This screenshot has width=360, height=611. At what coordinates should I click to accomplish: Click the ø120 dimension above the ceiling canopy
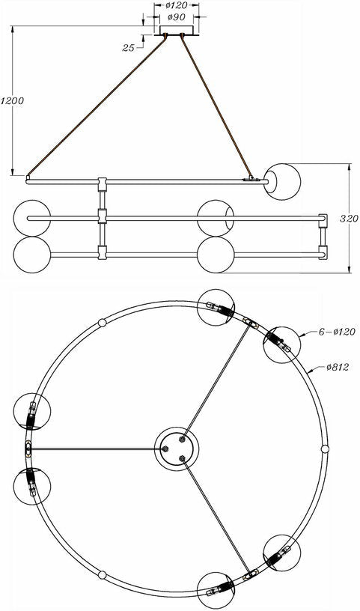(x=176, y=5)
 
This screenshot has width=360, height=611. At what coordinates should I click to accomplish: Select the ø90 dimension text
(x=176, y=17)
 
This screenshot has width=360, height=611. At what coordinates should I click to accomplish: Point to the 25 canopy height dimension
(x=128, y=47)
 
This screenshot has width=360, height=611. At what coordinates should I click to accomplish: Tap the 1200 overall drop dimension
(x=12, y=100)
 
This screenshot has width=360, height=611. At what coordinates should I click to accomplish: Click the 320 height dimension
(x=349, y=219)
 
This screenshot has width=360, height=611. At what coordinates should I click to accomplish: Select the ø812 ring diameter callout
(x=338, y=367)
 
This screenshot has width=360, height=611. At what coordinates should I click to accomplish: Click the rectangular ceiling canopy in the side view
(x=177, y=31)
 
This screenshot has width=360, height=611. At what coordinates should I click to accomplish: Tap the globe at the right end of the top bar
(x=282, y=182)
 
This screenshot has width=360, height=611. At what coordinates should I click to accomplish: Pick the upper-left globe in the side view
(x=32, y=218)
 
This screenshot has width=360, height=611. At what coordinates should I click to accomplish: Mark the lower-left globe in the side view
(x=32, y=255)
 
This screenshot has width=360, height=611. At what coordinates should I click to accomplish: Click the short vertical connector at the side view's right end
(x=323, y=237)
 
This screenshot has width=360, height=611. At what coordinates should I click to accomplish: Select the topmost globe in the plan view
(x=216, y=308)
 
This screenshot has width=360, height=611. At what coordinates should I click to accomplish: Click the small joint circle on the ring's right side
(x=325, y=449)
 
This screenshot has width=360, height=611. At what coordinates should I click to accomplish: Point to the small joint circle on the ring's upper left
(x=102, y=323)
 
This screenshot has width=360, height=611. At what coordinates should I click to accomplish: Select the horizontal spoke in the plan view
(x=97, y=449)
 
